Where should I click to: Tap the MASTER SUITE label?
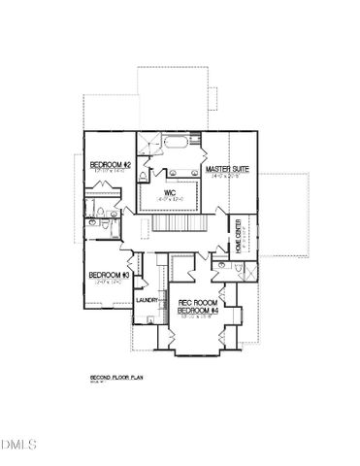tap(227, 169)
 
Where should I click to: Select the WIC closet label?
tap(169, 192)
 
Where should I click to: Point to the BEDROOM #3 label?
tap(109, 275)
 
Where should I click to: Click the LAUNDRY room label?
tap(147, 300)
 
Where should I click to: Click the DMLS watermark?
tap(18, 446)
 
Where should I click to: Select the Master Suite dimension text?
tap(227, 177)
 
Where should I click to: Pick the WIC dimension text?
tap(169, 200)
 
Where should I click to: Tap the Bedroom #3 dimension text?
tap(109, 283)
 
